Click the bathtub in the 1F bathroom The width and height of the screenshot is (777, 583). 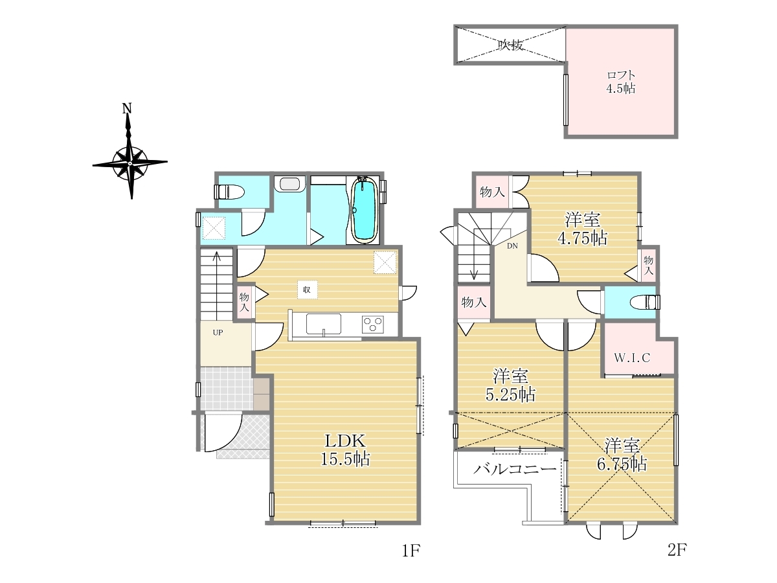[363, 211]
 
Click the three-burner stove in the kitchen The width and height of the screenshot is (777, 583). [373, 325]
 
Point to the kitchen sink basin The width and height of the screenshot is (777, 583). [324, 323]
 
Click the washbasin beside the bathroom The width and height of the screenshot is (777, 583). [289, 184]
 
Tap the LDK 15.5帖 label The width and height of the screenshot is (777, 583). [345, 450]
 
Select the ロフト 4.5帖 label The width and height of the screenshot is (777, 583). [621, 82]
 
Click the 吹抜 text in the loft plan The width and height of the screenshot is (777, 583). [510, 45]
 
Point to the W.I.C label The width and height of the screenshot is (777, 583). [632, 358]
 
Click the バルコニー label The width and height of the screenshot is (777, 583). [515, 470]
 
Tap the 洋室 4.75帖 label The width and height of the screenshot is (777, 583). [583, 229]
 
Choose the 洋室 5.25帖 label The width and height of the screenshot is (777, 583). [510, 385]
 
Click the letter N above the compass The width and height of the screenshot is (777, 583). [127, 108]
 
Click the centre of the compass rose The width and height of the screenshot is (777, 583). [130, 163]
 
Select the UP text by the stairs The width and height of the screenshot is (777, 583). [218, 332]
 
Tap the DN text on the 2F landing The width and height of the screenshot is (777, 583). [512, 246]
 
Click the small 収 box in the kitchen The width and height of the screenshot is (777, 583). [308, 290]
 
